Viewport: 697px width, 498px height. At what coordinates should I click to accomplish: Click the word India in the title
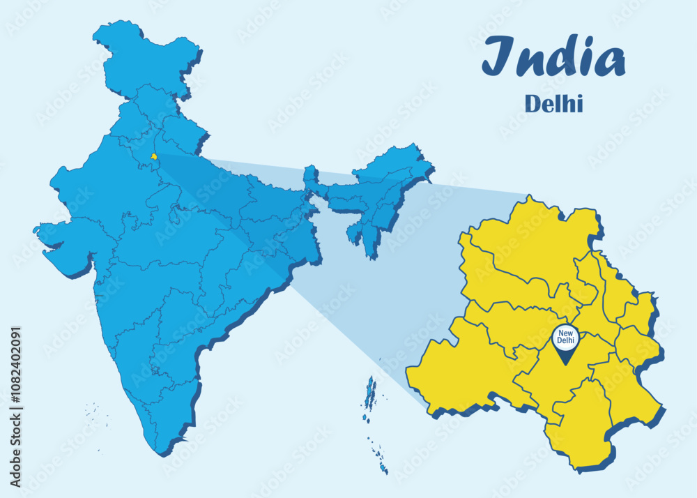click(x=553, y=58)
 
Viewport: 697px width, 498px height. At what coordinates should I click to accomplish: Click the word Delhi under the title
click(x=553, y=104)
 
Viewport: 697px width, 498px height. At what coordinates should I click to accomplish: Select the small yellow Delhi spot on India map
click(x=153, y=157)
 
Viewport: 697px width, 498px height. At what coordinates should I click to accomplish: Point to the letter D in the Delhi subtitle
click(x=531, y=104)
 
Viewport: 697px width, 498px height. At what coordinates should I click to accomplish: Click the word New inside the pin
click(x=565, y=333)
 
